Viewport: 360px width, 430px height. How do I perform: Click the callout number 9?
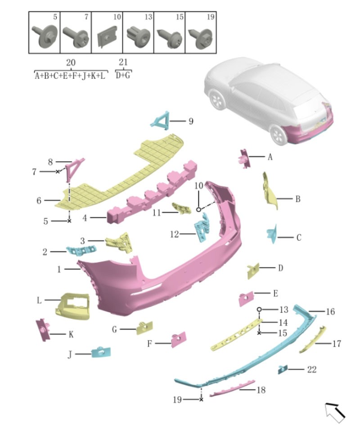(191, 121)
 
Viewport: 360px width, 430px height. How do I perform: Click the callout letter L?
(40, 300)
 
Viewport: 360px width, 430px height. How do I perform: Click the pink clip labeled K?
(43, 330)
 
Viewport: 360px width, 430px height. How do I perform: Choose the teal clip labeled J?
(101, 352)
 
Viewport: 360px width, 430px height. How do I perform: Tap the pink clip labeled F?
(178, 339)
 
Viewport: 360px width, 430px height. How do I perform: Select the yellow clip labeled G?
(144, 328)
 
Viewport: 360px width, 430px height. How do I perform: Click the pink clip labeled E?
(247, 299)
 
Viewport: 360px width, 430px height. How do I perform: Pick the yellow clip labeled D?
(253, 271)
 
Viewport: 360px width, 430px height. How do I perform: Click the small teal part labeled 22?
(283, 369)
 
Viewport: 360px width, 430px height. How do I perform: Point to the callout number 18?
(261, 390)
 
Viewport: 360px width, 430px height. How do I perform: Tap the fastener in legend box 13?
(138, 34)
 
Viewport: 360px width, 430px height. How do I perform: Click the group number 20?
(71, 63)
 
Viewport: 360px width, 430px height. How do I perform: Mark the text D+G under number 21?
(123, 75)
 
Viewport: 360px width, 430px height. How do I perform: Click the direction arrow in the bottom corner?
(335, 412)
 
